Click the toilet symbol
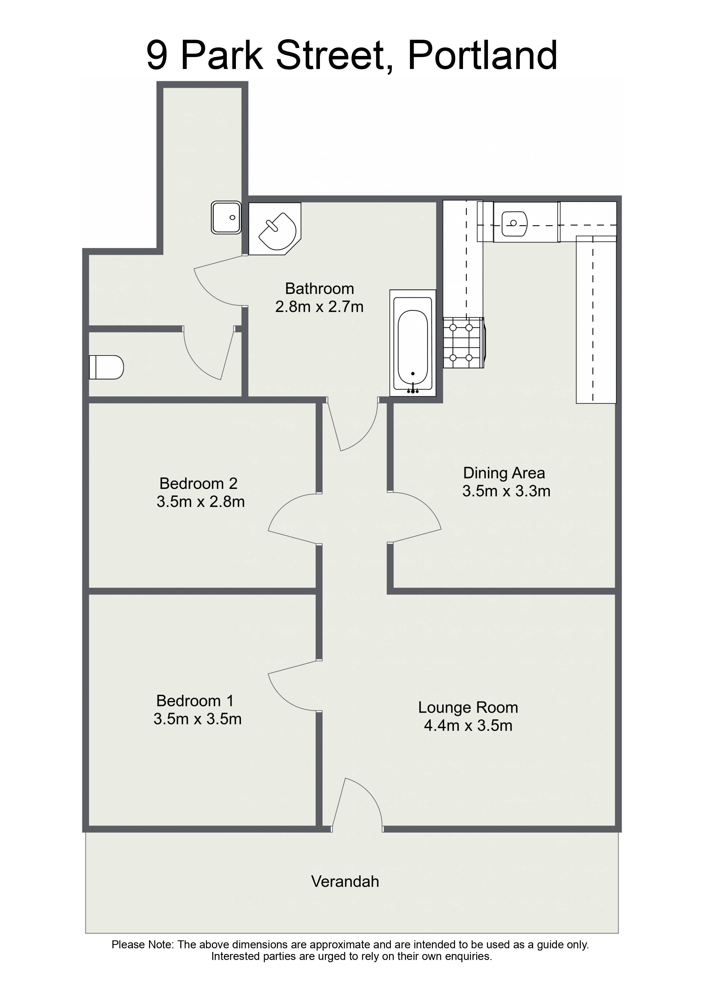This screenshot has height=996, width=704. (x=106, y=367)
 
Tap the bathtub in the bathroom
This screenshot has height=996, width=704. (x=412, y=343)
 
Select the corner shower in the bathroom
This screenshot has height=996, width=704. (x=275, y=229)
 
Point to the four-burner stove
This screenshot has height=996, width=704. (x=464, y=343)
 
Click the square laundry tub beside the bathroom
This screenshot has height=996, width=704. (x=226, y=217)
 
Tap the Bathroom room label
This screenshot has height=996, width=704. (x=319, y=288)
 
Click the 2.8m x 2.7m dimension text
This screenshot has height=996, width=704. (x=319, y=307)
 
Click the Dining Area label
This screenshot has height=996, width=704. (x=504, y=473)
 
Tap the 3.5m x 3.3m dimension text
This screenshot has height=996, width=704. (x=506, y=491)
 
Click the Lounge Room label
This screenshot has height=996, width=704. (x=468, y=708)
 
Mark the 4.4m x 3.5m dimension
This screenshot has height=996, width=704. (x=468, y=725)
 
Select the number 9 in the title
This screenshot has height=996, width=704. (x=157, y=56)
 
